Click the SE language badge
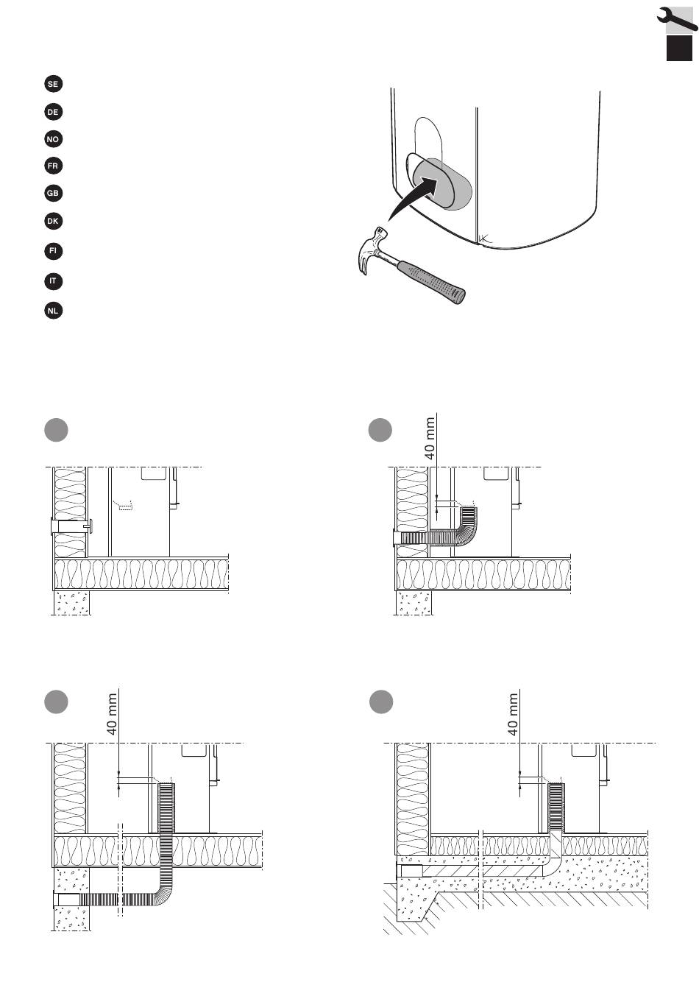tap(53, 84)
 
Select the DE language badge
tap(53, 112)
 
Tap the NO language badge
tap(53, 139)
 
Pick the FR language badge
tap(53, 166)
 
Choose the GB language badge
tap(53, 194)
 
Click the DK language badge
tap(53, 221)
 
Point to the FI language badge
tap(53, 251)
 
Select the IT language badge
tap(53, 281)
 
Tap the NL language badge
tap(53, 311)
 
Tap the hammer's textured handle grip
tap(439, 283)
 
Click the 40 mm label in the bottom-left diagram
tap(112, 713)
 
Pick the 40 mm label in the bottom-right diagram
tap(514, 713)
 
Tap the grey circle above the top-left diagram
tap(57, 430)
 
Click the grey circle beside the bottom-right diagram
tap(380, 701)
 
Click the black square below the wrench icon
tap(680, 49)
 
